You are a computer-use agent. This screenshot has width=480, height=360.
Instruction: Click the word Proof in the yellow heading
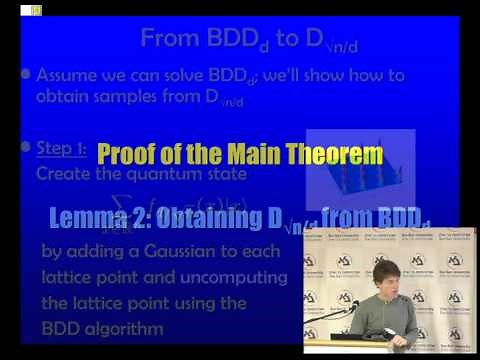[128, 155]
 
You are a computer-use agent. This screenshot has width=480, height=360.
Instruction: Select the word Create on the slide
[61, 172]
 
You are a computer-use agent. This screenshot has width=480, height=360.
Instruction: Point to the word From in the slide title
[172, 39]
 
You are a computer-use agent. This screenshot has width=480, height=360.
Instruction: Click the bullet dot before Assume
[25, 74]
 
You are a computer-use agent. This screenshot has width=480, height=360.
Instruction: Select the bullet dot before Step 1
[25, 148]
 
